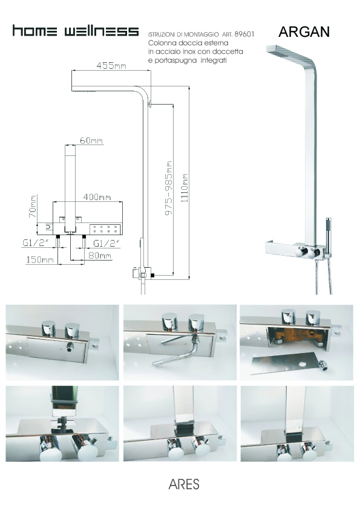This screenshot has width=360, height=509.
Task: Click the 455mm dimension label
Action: (x=111, y=65)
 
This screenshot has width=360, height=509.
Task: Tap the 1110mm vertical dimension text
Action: (x=185, y=188)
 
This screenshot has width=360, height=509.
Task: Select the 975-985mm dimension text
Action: (x=169, y=188)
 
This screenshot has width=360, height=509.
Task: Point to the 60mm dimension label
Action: (x=91, y=141)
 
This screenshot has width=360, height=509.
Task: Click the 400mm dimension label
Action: (x=97, y=197)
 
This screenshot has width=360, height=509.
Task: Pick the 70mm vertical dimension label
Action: (x=33, y=206)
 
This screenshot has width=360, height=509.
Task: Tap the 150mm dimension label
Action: (x=40, y=260)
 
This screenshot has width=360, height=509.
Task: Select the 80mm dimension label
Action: (x=100, y=256)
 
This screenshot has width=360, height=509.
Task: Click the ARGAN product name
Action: (x=304, y=31)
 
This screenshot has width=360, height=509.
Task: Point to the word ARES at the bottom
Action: (x=184, y=484)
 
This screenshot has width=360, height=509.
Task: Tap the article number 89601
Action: (x=244, y=34)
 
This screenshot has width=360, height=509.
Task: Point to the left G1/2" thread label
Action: (x=36, y=243)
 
